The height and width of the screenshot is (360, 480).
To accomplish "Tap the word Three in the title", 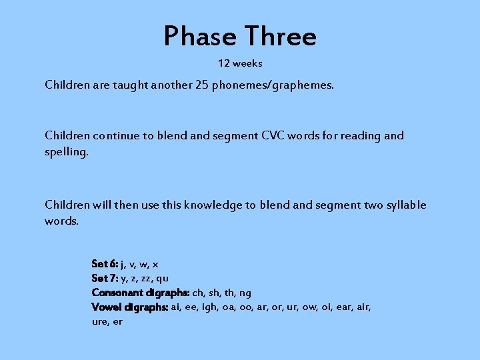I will coord(280,36).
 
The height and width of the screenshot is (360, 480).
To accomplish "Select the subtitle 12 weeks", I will coord(240,63).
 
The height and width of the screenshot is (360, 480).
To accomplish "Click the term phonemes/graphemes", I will coord(273,85).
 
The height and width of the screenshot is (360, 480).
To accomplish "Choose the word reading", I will coord(360,135).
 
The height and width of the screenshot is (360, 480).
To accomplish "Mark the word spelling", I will coord(66,152).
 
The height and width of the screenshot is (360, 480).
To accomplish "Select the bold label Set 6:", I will coord(105,264).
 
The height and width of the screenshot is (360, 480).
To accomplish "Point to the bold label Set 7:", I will coord(105,278).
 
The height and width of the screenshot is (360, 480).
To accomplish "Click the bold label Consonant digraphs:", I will coord(141,293).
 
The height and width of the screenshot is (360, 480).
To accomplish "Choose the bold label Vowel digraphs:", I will coord(130,307).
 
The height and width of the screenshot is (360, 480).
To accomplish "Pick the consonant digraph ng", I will coord(245,293).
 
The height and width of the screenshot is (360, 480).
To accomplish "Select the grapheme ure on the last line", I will coord(100,321).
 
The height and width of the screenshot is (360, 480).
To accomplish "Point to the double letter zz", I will coord(145,279).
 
